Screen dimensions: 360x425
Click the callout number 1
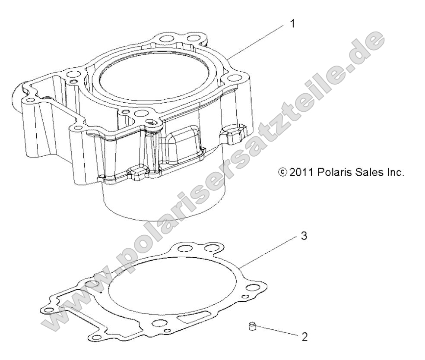coord(293,23)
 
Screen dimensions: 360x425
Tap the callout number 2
coord(304,337)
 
